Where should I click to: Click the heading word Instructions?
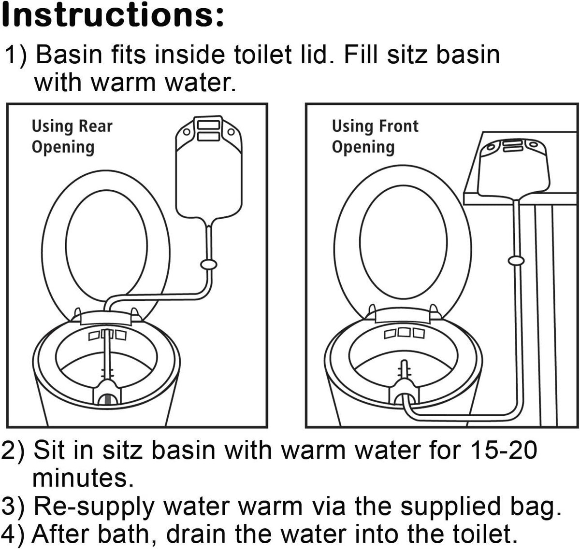[112, 15]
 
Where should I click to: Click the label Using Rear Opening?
[72, 136]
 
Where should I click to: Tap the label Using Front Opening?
[374, 136]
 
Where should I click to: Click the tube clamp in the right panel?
[516, 261]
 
